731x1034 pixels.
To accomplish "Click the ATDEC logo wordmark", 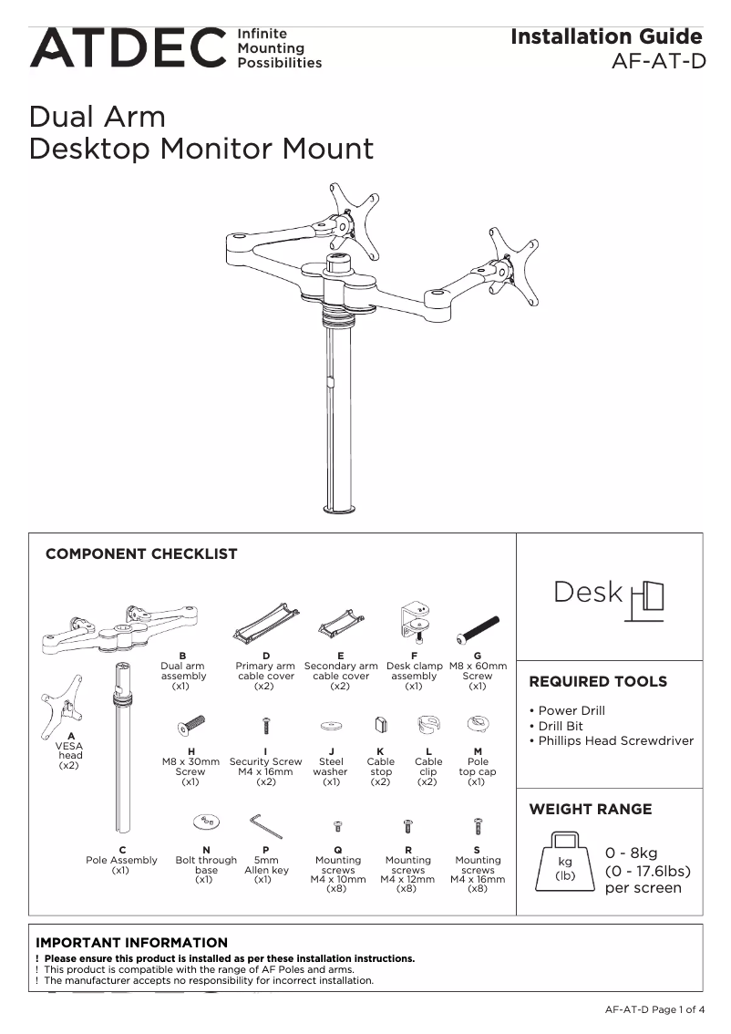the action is pos(128,48).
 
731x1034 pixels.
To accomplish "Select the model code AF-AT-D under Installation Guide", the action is pos(659,62).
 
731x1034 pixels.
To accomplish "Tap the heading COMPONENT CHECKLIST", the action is pos(141,553).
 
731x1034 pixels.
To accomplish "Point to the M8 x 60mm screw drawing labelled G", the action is pos(479,628).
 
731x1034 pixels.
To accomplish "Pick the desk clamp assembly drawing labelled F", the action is pos(415,620).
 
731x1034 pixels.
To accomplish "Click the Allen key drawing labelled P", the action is pos(266,826).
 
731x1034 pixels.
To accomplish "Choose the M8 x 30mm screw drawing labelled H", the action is pos(190,726).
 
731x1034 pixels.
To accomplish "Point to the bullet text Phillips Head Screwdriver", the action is pos(615,741).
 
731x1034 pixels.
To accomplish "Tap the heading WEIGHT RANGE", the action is pos(590,809).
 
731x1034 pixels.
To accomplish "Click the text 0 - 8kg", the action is pos(631,853).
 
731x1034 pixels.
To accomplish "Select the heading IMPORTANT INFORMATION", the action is pos(131,942).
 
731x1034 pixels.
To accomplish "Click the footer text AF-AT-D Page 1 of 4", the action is pos(654,1009).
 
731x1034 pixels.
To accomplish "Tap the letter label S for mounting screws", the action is pos(478,850).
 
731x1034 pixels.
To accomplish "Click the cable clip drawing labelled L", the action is pos(428,726).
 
